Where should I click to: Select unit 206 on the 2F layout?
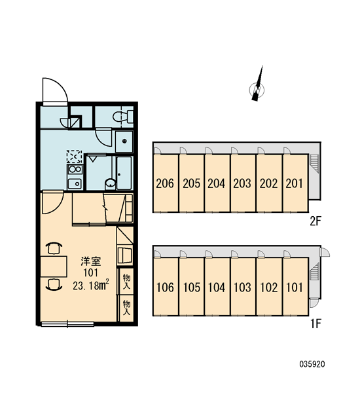point(166,183)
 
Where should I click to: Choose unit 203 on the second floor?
point(243,183)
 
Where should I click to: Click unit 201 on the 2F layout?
point(295,183)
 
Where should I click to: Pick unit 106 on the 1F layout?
point(166,286)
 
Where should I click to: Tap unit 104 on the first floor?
point(217,286)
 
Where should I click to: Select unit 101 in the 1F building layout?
point(295,286)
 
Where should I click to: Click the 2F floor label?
point(315,221)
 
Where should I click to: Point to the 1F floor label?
point(315,324)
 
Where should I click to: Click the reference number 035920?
point(312,364)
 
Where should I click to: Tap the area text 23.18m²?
point(91,286)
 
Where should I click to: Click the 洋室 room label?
point(91,261)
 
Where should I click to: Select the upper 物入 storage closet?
point(126,282)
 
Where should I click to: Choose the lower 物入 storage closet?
point(126,309)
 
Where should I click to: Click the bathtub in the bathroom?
point(124,173)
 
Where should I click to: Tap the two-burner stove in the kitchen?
point(75,169)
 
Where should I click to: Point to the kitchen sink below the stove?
point(75,183)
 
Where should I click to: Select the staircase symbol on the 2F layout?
point(314,163)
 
